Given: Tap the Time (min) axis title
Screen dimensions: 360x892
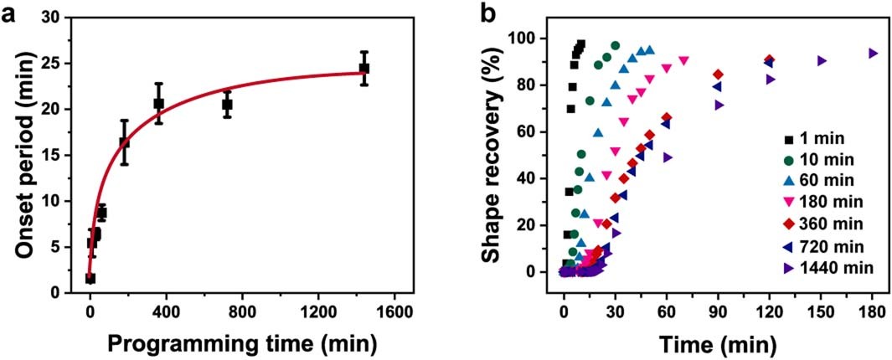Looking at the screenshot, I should [718, 342].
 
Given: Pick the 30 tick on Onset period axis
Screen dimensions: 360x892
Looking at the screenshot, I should [64, 17].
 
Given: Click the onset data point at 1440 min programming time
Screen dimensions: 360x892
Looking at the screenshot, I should [364, 68].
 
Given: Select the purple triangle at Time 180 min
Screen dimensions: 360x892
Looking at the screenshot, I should [873, 53].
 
